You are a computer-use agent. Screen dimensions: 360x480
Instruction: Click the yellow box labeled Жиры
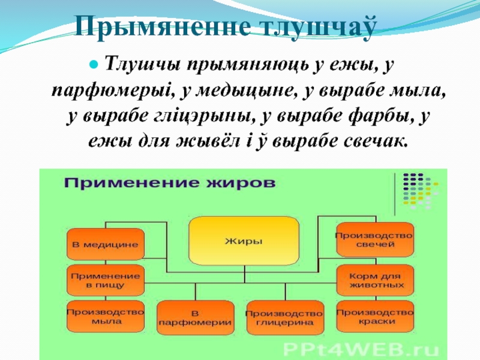(244, 242)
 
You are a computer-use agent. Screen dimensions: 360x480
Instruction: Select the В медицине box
(105, 244)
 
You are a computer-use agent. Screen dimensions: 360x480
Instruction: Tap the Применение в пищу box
(105, 280)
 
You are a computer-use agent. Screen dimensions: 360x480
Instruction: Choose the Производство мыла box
(105, 316)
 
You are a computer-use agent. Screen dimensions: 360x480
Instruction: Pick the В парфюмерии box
(195, 317)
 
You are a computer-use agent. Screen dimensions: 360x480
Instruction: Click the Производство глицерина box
(284, 317)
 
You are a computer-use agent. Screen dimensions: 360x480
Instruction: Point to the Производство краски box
(375, 316)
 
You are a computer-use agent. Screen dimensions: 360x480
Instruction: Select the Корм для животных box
(375, 280)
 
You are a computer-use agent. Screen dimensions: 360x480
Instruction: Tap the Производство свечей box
(375, 239)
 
